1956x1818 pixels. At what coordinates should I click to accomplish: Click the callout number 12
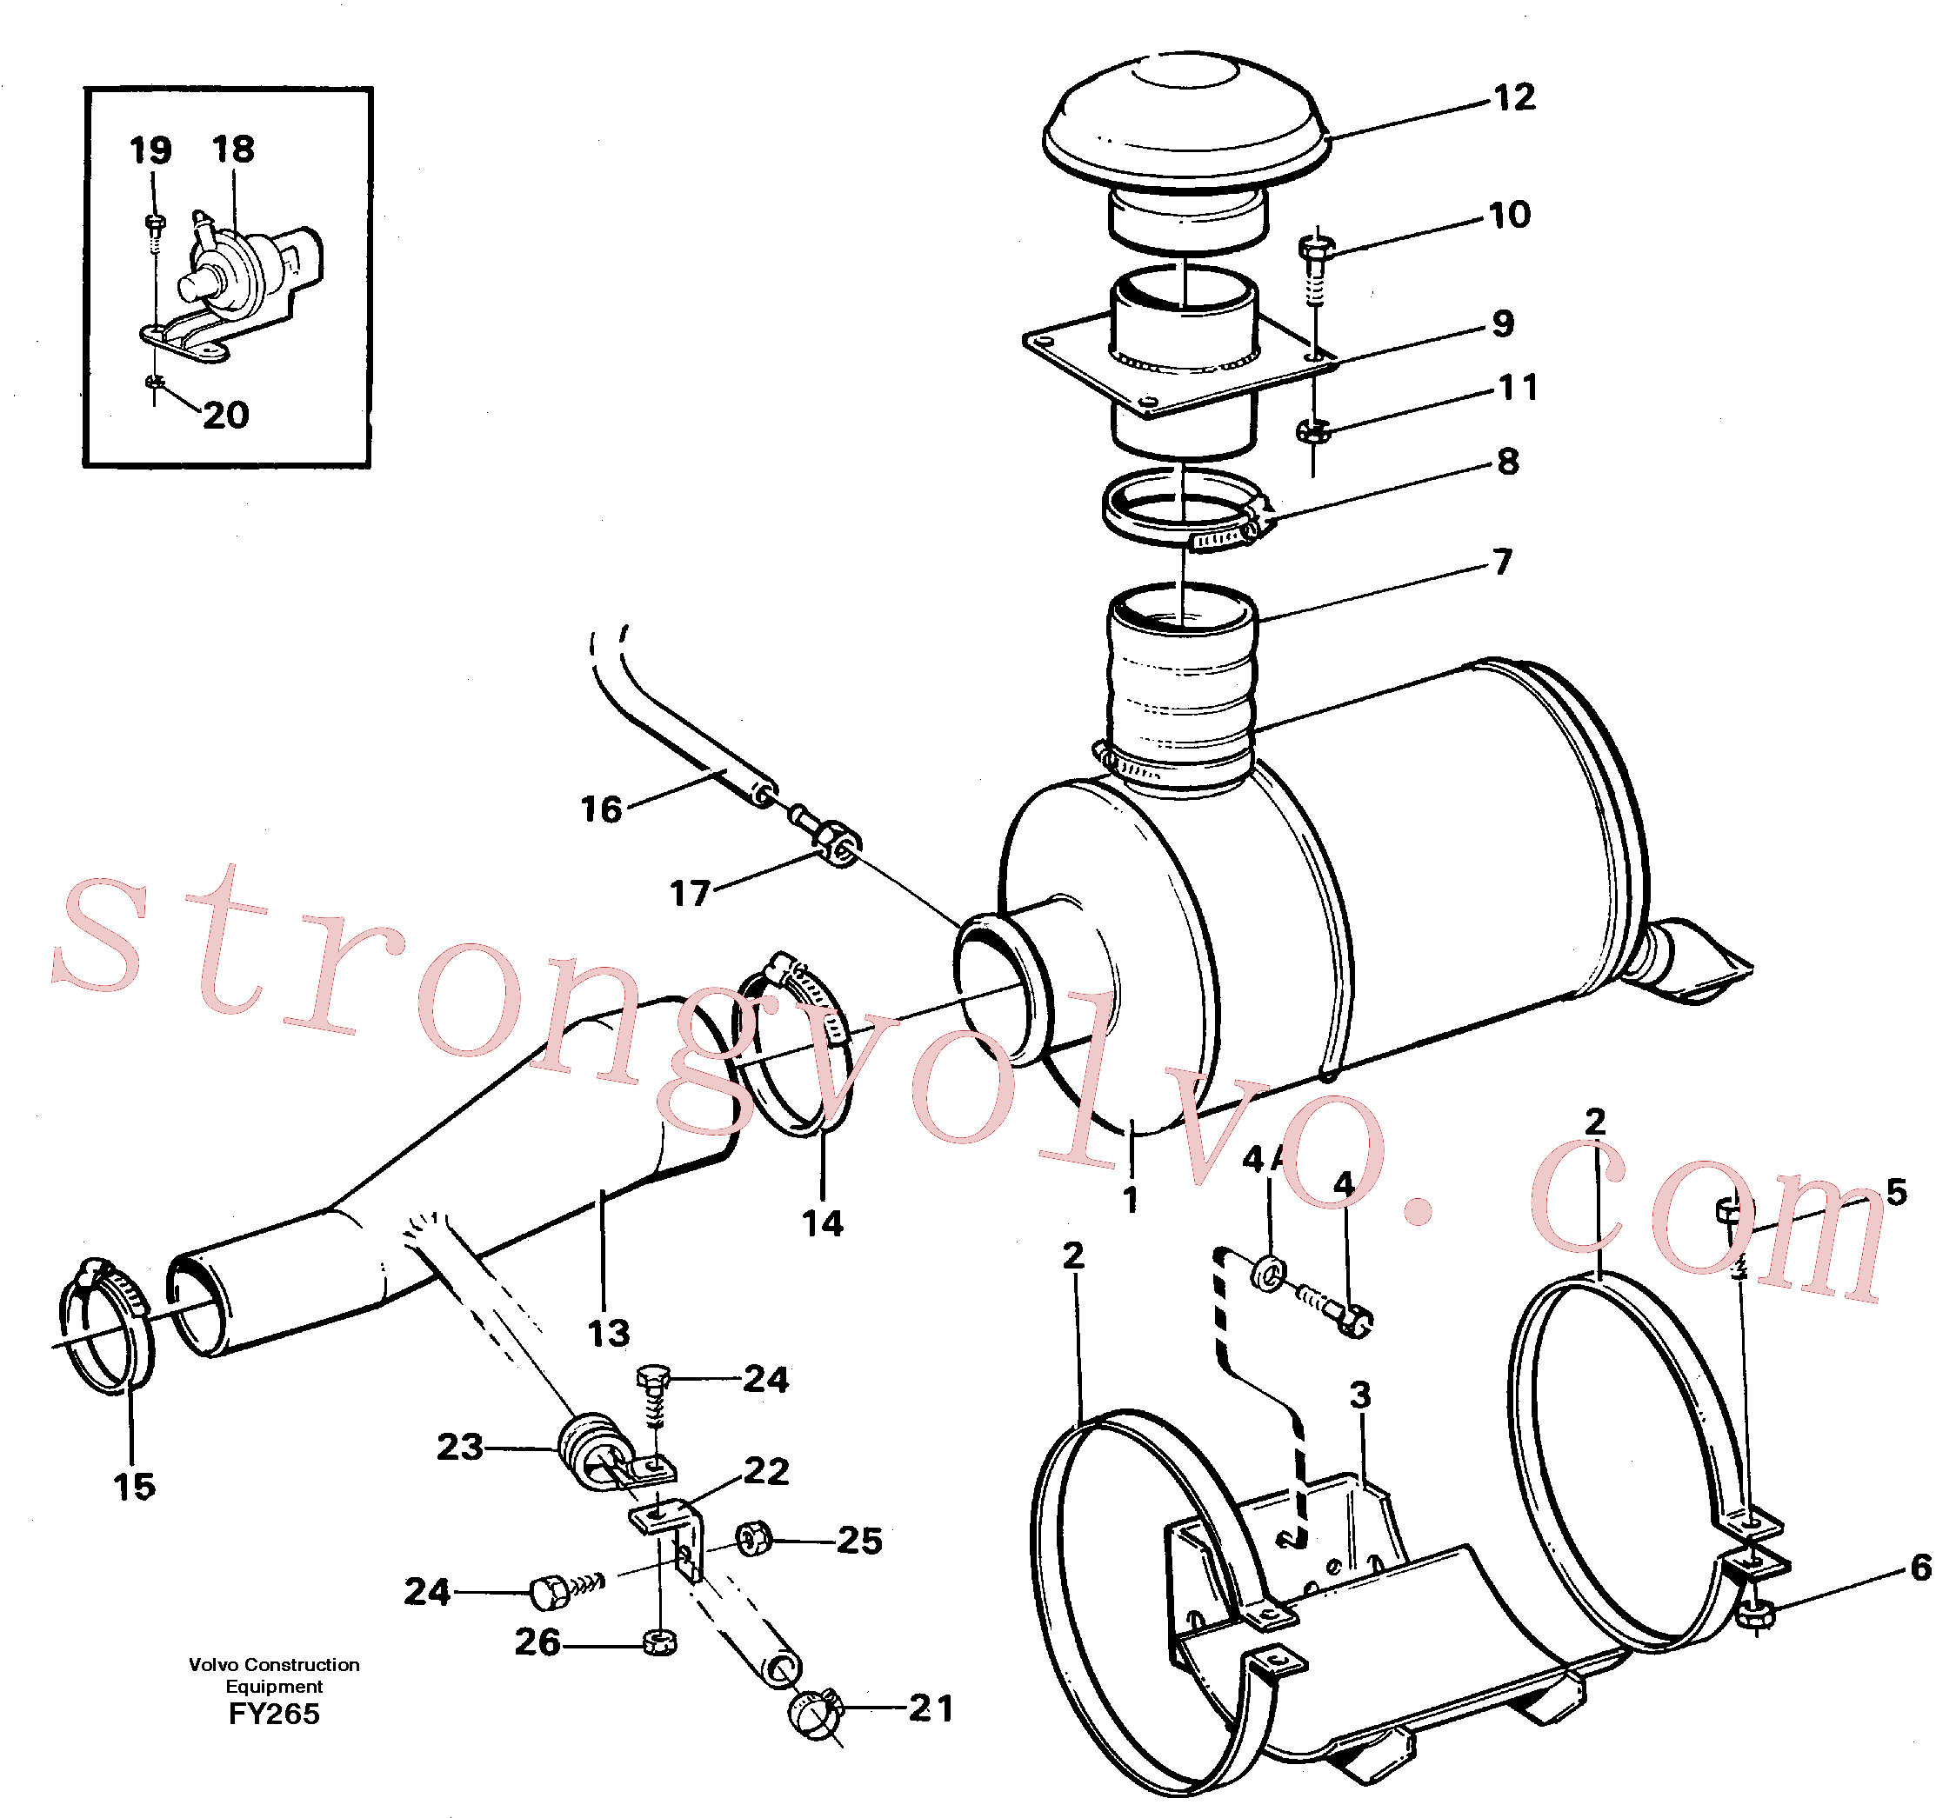pos(1514,97)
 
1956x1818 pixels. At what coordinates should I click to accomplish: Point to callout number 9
pos(1502,323)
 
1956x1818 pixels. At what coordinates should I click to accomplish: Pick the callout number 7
pos(1502,562)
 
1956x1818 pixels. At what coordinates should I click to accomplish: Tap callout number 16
pos(601,809)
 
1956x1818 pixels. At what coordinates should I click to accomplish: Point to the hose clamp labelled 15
pos(106,1324)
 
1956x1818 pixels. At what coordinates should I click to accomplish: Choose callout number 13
pos(608,1333)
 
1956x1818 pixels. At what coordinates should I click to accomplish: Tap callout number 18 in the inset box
pos(233,150)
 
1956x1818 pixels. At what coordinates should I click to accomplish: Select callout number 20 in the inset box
pos(225,415)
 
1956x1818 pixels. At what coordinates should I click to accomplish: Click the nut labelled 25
pos(754,1538)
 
